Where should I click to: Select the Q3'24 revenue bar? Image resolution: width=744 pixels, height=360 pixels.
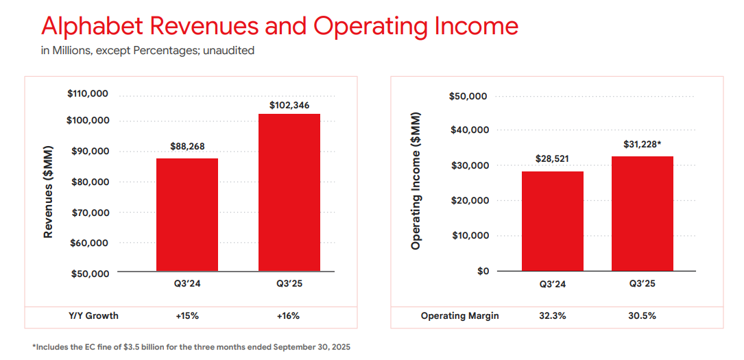tap(187, 215)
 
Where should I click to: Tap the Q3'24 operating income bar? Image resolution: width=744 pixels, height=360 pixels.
tap(553, 221)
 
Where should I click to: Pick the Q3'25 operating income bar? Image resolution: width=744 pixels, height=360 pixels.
tap(643, 213)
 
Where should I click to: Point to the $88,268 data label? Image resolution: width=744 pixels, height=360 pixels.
tap(187, 146)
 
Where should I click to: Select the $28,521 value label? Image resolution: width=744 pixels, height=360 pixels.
tap(553, 158)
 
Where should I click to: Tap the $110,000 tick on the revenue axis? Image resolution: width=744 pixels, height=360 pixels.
tap(88, 94)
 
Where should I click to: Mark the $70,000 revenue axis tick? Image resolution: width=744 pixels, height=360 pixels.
tap(91, 213)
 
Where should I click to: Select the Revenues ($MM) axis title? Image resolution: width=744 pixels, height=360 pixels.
tap(48, 191)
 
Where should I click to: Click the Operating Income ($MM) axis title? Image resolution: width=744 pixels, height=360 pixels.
tap(416, 180)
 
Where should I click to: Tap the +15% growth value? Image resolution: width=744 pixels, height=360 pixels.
tap(187, 316)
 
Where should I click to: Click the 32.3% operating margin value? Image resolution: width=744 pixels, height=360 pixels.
tap(553, 316)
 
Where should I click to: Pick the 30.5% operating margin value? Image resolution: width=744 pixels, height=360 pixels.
tap(643, 316)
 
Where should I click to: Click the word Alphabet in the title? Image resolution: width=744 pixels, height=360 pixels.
tap(92, 26)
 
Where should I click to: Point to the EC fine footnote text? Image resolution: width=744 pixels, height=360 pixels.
tap(191, 347)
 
